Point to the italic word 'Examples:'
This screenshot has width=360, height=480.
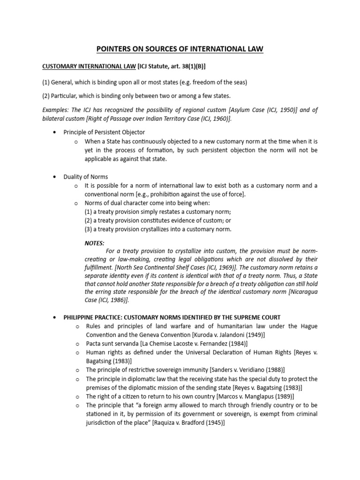[56, 110]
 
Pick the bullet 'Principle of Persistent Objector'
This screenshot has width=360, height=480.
[105, 132]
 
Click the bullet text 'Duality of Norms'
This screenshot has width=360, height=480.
[86, 177]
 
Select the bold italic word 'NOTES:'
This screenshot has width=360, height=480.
[94, 243]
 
